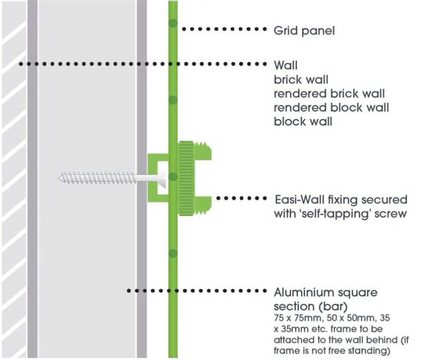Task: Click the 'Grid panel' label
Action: (x=304, y=31)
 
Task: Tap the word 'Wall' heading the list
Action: (x=286, y=66)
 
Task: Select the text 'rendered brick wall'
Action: (x=329, y=94)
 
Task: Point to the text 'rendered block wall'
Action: (x=331, y=107)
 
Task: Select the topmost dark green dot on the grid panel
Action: (x=173, y=23)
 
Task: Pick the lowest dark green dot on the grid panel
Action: (x=173, y=254)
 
